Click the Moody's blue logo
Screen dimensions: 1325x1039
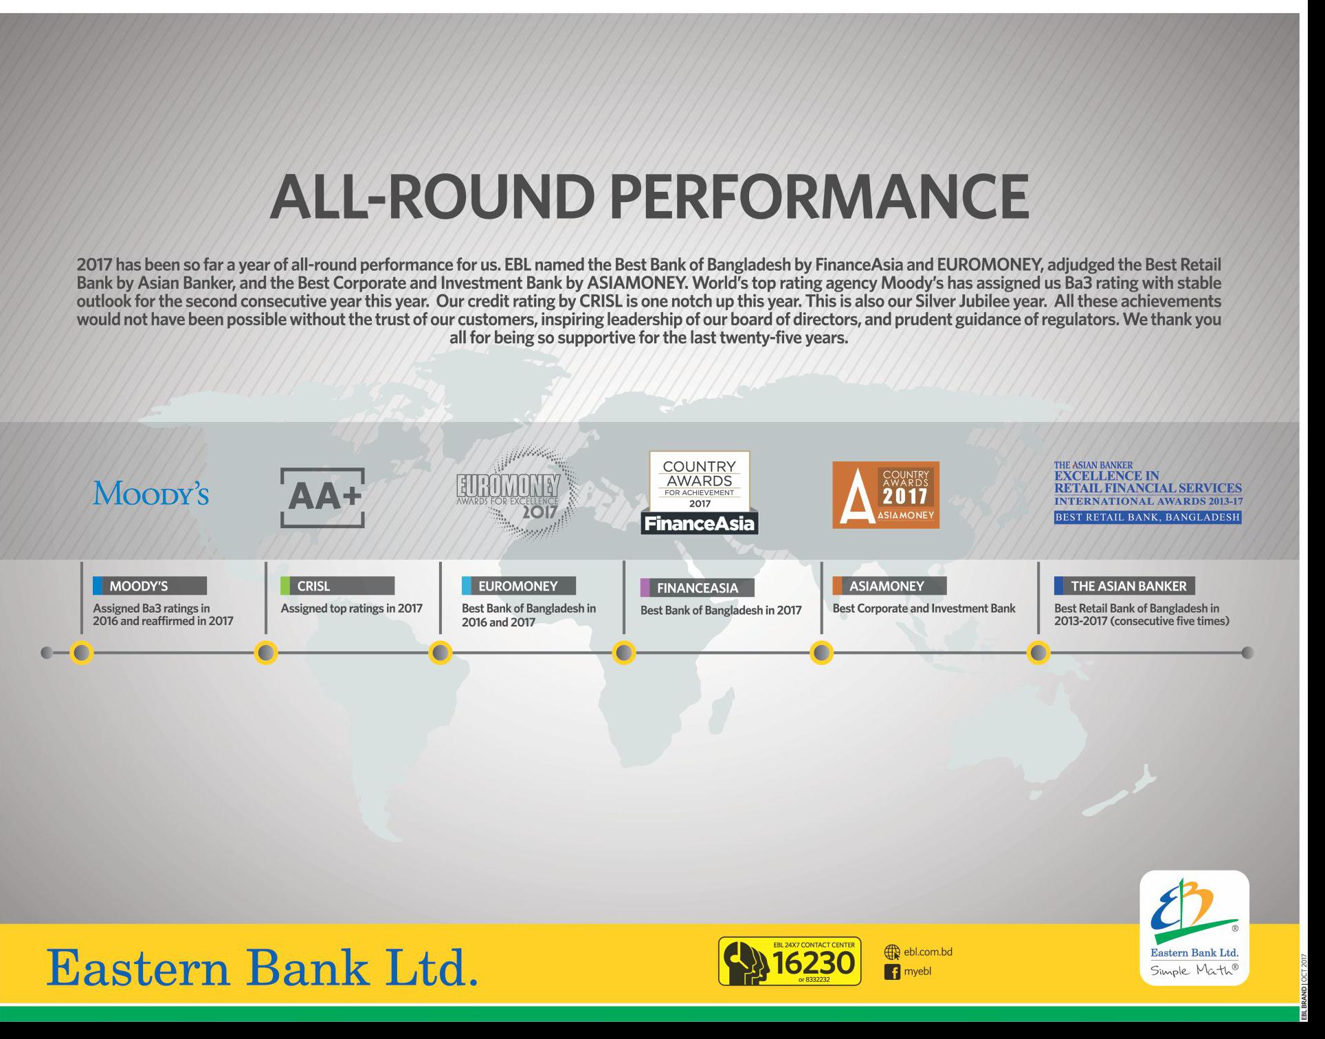coord(151,494)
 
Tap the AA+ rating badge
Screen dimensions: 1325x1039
coord(322,498)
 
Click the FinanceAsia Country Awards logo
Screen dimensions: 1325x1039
coord(700,492)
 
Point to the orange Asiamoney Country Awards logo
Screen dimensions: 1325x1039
coord(886,495)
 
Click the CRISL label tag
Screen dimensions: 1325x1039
coord(337,586)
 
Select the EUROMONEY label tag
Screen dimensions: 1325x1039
coord(519,586)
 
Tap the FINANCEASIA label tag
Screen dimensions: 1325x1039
coord(698,588)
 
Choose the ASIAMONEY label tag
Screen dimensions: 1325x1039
coord(889,586)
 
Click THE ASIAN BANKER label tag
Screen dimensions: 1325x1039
coord(1124,586)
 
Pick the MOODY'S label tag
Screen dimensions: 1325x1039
coord(150,586)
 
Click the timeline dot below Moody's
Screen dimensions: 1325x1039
coord(82,653)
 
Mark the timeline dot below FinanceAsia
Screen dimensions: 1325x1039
coord(624,653)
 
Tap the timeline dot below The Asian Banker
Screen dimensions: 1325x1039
coord(1038,653)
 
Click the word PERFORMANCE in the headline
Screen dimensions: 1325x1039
coord(819,197)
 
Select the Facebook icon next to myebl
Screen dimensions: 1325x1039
coord(892,972)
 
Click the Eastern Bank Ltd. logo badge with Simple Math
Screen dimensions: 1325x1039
coord(1194,928)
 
